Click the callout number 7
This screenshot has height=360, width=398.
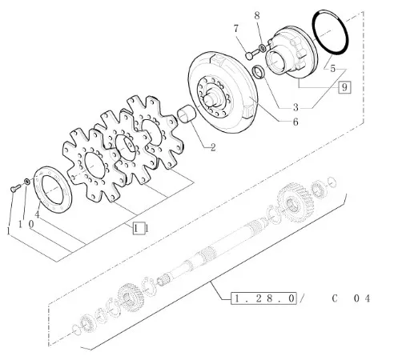coord(235,29)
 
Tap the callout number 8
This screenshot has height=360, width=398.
coord(257,16)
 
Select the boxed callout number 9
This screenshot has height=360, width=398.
coord(344,87)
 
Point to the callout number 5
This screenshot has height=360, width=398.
coord(332,69)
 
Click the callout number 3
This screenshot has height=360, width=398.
coord(295,107)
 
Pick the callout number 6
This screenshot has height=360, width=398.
coord(295,122)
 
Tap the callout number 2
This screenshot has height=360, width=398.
coord(213,147)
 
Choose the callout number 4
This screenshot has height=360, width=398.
coord(38,214)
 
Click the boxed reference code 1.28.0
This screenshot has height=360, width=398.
coord(263,298)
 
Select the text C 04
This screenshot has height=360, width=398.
coord(352,298)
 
